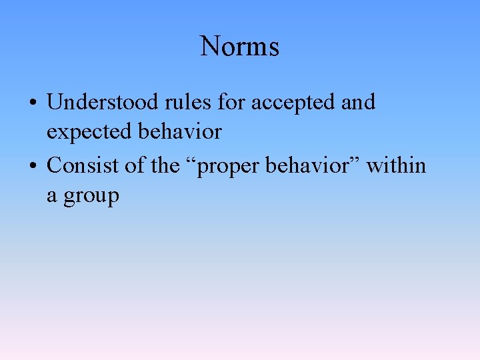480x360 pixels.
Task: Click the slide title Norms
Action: click(239, 47)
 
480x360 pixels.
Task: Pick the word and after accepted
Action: click(358, 102)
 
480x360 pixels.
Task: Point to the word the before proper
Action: click(165, 165)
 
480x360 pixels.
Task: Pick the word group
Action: click(91, 198)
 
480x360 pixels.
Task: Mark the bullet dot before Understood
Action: click(32, 103)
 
